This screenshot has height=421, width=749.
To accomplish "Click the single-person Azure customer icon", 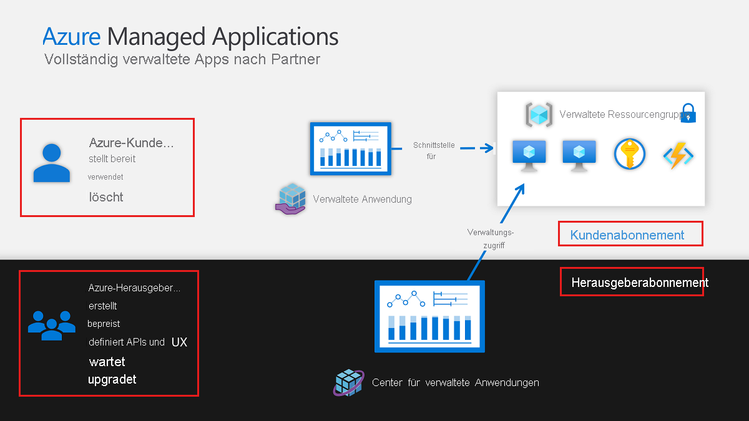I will tap(51, 163).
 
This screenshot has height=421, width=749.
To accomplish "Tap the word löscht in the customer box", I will tap(105, 197).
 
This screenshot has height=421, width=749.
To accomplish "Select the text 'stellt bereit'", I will tap(112, 158).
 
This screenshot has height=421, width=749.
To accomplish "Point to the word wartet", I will tap(107, 362).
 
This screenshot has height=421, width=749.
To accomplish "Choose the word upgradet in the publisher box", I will tap(112, 379).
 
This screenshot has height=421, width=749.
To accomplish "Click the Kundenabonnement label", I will tap(627, 235).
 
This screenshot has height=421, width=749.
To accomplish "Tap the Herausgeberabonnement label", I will tap(639, 283).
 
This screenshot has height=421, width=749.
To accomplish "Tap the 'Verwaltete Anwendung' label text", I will tap(362, 200).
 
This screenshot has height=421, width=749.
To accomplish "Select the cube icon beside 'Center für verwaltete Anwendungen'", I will tap(348, 382).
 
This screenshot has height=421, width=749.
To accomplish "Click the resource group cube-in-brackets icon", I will tap(539, 115).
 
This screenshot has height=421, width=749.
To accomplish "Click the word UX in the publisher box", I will tap(179, 342).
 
